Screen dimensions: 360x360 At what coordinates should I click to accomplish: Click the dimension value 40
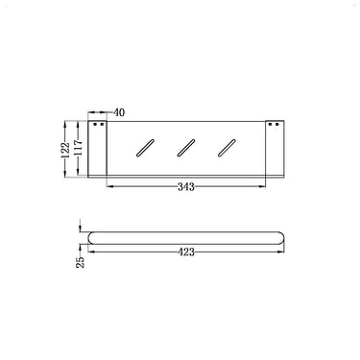pyautogui.click(x=119, y=111)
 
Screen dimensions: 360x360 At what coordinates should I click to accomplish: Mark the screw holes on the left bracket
pyautogui.click(x=95, y=125)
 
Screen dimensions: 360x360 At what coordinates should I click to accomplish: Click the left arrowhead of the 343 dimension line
pyautogui.click(x=108, y=186)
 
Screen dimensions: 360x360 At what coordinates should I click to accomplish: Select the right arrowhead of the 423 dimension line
pyautogui.click(x=285, y=252)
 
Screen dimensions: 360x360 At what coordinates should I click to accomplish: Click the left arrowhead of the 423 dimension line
pyautogui.click(x=88, y=252)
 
